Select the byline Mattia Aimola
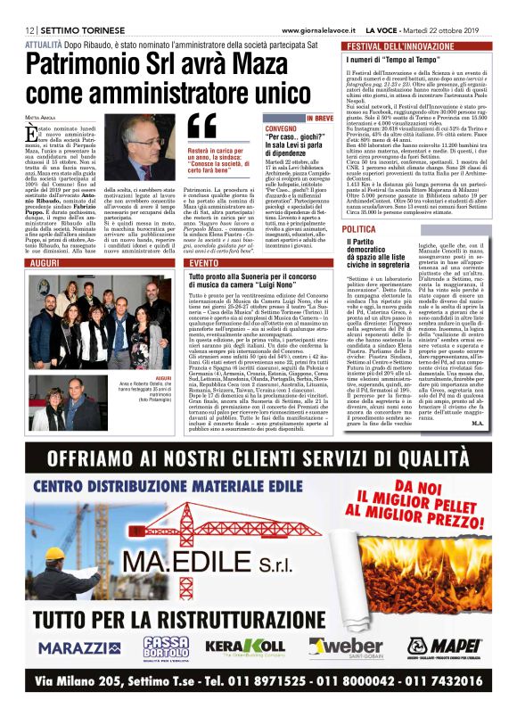pyautogui.click(x=41, y=117)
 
